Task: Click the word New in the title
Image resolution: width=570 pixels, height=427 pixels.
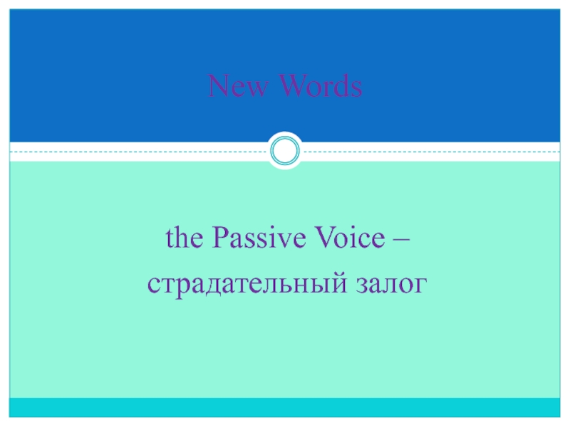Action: (238, 85)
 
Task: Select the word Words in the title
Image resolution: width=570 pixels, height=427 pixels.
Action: (321, 85)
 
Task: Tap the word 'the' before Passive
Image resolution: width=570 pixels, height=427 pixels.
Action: (185, 238)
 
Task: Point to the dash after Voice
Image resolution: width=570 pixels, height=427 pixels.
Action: (402, 240)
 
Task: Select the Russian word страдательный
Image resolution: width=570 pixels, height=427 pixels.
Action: (247, 284)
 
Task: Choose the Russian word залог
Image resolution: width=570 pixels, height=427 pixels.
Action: (391, 285)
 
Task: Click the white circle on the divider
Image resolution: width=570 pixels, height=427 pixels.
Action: (285, 151)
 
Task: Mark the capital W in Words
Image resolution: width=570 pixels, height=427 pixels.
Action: (294, 85)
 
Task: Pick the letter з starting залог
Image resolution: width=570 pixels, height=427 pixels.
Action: (362, 285)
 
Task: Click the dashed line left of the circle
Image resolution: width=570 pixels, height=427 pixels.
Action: (139, 152)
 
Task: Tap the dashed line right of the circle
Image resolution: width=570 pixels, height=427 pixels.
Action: (431, 152)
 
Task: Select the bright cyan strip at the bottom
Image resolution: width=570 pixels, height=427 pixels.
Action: (285, 407)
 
